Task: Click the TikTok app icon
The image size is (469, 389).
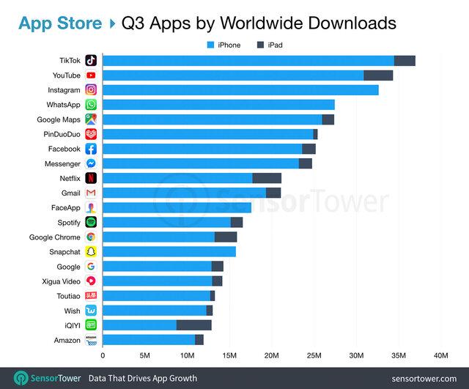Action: [x=91, y=61]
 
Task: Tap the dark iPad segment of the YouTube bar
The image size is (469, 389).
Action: [x=378, y=75]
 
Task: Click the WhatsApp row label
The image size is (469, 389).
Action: [x=64, y=105]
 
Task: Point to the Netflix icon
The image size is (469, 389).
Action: [x=91, y=178]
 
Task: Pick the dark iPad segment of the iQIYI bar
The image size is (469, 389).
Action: [x=194, y=325]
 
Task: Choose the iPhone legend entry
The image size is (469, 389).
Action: [x=224, y=45]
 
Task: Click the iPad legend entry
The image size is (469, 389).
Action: [x=269, y=45]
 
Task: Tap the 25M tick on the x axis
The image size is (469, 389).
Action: [x=314, y=355]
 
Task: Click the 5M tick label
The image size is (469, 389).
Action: [x=144, y=355]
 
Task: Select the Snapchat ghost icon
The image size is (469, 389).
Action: [x=91, y=251]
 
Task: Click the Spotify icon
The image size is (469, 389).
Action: [x=91, y=222]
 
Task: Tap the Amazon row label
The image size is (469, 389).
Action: [x=67, y=339]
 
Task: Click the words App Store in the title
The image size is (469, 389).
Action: [x=60, y=22]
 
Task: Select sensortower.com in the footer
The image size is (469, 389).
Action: [x=420, y=378]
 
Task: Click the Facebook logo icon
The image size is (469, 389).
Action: [x=91, y=149]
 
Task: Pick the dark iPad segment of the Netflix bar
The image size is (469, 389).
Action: [x=267, y=178]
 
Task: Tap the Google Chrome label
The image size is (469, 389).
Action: [x=55, y=237]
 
